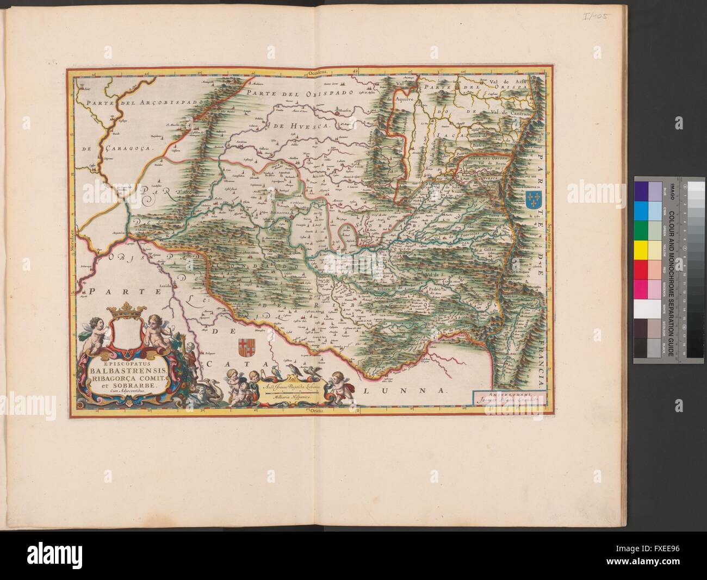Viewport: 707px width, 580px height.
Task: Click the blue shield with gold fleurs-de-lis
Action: point(532,198)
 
